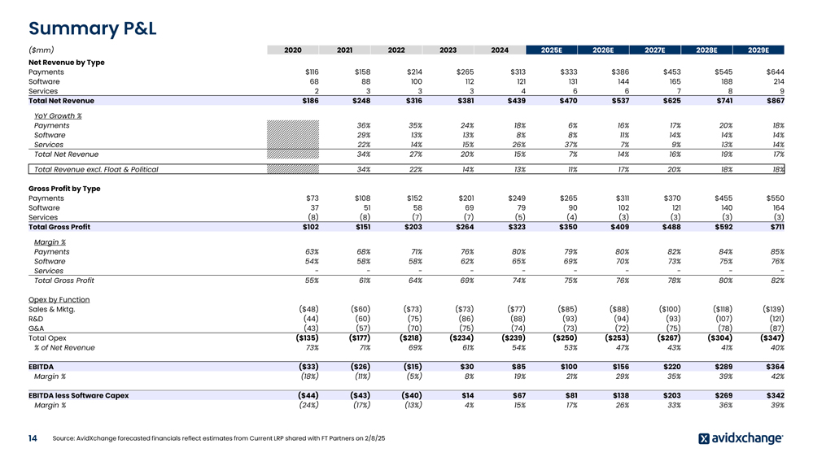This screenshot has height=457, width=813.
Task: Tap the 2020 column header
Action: coord(293,50)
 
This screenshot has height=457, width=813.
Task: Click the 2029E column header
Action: coord(758,50)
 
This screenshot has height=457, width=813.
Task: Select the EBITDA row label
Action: coord(42,367)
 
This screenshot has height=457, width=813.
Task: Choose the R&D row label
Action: coord(37,319)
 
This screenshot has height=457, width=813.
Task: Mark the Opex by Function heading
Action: coord(59,299)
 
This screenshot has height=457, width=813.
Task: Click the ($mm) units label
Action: coord(42,50)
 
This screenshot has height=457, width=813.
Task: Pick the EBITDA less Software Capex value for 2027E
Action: coord(669,395)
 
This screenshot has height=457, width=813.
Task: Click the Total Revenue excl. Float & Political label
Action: coord(96,169)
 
